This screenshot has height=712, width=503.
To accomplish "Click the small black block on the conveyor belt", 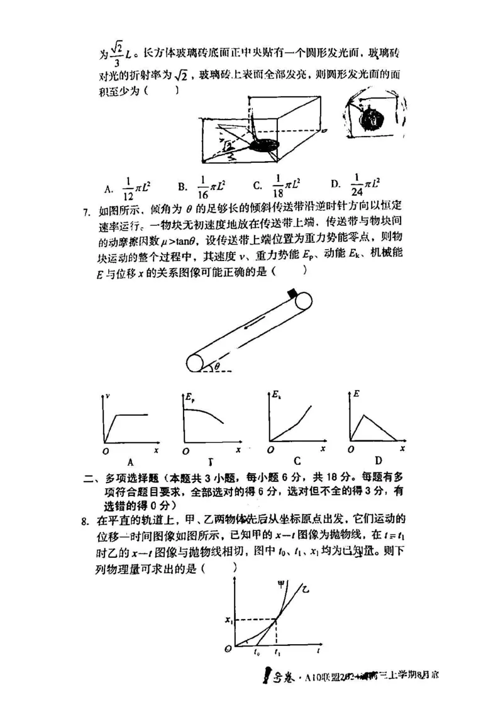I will point(292,292).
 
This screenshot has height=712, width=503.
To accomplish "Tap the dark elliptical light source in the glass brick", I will point(263,145).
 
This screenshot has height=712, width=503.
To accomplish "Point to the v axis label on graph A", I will point(109,396).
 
